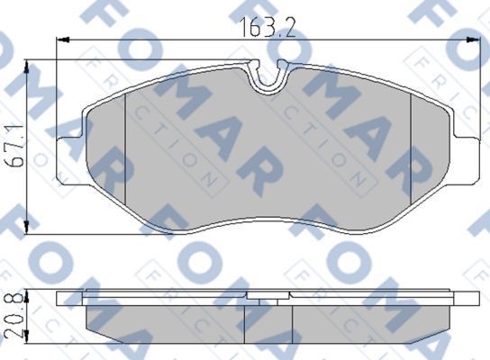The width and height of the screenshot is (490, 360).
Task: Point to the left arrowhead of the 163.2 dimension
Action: [61, 40]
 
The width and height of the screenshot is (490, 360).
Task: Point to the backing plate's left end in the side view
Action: [61, 297]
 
